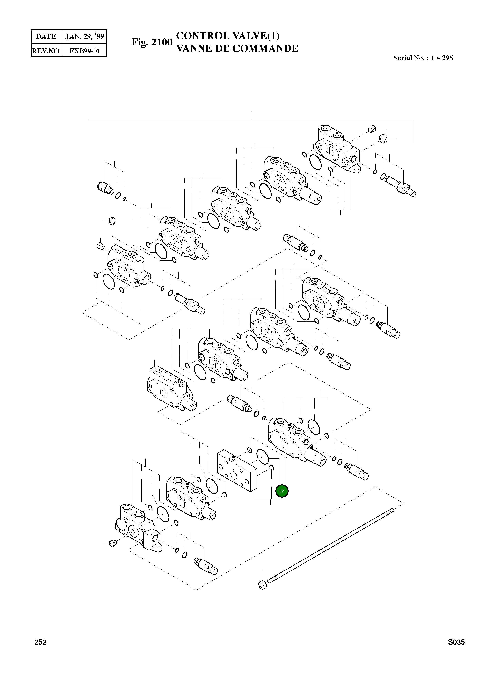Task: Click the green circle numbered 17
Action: [x=281, y=491]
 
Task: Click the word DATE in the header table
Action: [x=46, y=36]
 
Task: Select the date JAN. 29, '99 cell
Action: [x=85, y=36]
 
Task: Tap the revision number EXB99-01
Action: [x=85, y=51]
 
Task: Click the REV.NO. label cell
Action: [x=46, y=51]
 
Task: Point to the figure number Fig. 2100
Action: [x=152, y=42]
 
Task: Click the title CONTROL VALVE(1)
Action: [x=228, y=36]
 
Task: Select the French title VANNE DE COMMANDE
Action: [x=237, y=48]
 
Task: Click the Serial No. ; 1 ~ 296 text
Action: [x=423, y=58]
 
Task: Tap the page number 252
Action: [x=40, y=642]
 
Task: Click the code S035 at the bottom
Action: [x=456, y=642]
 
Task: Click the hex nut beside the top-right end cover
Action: [x=383, y=139]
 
